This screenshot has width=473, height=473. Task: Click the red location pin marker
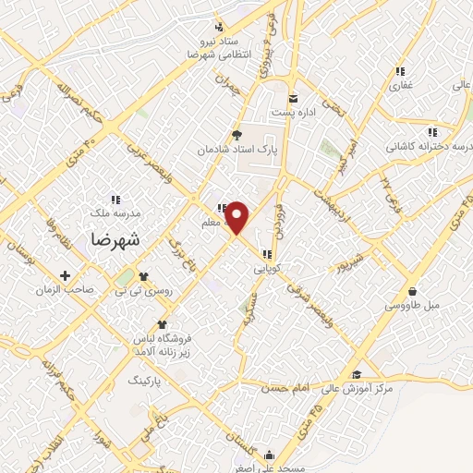[x=238, y=217]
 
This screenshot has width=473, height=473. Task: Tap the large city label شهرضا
[x=116, y=238]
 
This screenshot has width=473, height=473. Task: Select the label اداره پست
[x=294, y=113]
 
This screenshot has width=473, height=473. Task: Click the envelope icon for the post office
[x=294, y=99]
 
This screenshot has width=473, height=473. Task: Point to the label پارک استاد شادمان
[x=236, y=148]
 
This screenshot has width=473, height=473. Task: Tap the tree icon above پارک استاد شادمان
[x=236, y=134]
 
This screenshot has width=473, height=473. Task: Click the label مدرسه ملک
[x=115, y=212]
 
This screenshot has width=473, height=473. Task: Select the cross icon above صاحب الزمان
[x=65, y=275]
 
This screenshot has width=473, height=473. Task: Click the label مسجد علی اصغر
[x=269, y=468]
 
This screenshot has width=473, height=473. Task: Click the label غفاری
[x=401, y=85]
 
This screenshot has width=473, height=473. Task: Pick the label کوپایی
[x=267, y=269]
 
